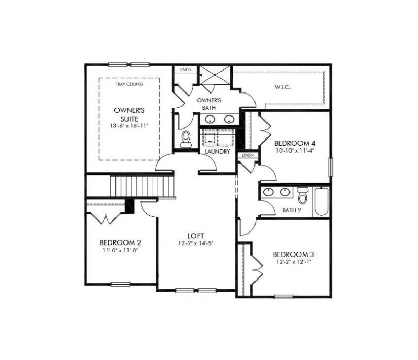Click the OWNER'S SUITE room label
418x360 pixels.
click(x=130, y=114)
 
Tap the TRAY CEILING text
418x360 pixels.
click(x=130, y=83)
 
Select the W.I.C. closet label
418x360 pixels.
click(x=282, y=87)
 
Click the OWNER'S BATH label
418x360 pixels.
click(x=209, y=103)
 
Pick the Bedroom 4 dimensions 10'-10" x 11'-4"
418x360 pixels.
click(x=295, y=150)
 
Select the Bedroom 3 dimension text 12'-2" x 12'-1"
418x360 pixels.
click(x=294, y=262)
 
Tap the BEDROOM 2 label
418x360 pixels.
click(x=120, y=242)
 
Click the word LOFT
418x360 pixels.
click(x=196, y=235)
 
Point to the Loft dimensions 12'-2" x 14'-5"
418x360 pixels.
click(x=196, y=243)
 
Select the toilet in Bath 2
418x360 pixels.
click(x=301, y=196)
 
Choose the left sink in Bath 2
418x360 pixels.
click(x=269, y=192)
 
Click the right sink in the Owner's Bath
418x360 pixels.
click(x=229, y=119)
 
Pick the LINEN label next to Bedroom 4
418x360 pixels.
click(x=247, y=155)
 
